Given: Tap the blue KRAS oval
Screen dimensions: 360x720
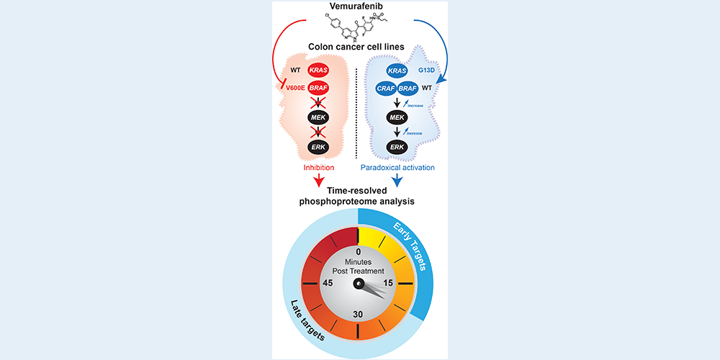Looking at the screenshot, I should click(396, 71).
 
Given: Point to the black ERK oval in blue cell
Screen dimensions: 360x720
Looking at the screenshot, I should click(396, 146).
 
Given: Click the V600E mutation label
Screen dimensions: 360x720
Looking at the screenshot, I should click(290, 89).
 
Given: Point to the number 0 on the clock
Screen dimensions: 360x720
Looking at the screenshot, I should click(358, 252).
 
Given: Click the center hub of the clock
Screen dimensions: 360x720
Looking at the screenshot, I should click(358, 284).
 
